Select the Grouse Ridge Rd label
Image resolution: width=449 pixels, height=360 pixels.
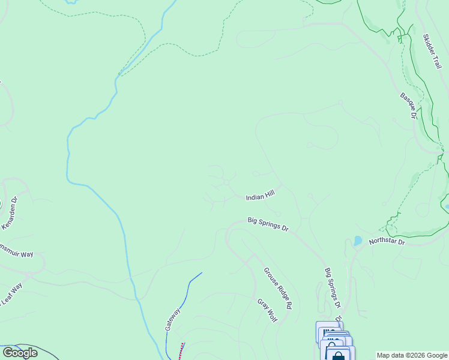point(277,288)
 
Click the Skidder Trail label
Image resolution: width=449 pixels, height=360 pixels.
point(432,51)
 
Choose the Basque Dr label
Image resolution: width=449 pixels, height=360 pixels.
point(408,105)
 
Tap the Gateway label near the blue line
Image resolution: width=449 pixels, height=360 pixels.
point(173,319)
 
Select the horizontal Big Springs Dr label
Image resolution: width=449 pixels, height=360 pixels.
point(268,224)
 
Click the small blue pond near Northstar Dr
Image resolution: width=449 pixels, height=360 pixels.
point(358,241)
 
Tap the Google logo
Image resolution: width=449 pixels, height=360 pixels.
point(20,353)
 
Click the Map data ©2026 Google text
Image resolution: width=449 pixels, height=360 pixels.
point(412,355)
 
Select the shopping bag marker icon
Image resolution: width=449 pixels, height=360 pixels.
point(339,355)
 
